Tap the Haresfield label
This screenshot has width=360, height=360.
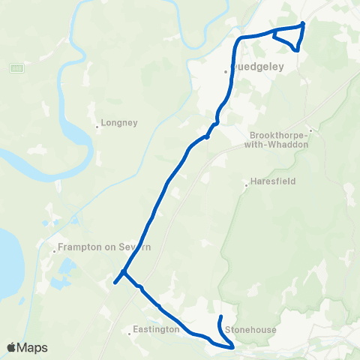pyautogui.click(x=274, y=181)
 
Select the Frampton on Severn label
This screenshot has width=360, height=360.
pyautogui.click(x=94, y=246)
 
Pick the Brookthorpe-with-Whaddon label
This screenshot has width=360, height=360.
pyautogui.click(x=278, y=140)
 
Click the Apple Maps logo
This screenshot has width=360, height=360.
pyautogui.click(x=27, y=347)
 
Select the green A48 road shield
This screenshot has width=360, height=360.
pyautogui.click(x=16, y=68)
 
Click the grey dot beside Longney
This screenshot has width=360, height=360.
pyautogui.click(x=98, y=127)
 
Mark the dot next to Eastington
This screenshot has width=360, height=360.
pyautogui.click(x=130, y=334)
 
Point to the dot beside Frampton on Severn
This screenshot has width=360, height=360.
pyautogui.click(x=54, y=252)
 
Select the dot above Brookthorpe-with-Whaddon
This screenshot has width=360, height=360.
pyautogui.click(x=309, y=130)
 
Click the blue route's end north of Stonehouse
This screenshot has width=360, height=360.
pyautogui.click(x=220, y=319)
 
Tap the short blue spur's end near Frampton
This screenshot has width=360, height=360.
pyautogui.click(x=115, y=283)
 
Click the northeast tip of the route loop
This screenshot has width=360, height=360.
pyautogui.click(x=303, y=24)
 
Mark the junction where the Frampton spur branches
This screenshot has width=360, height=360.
pyautogui.click(x=124, y=271)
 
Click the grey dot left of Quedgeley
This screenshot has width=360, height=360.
pyautogui.click(x=225, y=72)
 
